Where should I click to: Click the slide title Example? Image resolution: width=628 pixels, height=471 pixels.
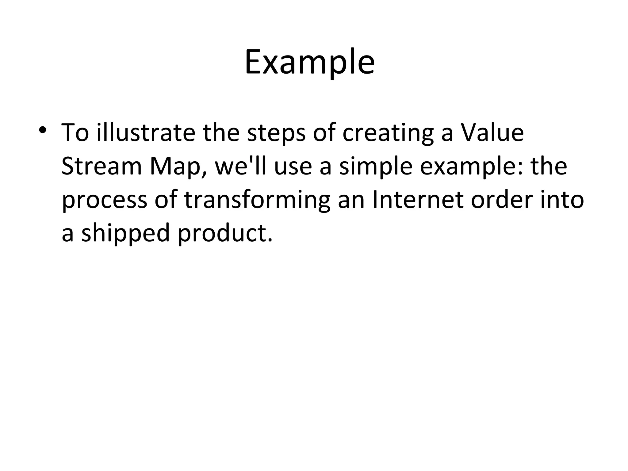(x=309, y=63)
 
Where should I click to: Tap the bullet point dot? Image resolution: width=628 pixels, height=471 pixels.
(x=42, y=130)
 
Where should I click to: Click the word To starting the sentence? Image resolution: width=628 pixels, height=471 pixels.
(x=75, y=133)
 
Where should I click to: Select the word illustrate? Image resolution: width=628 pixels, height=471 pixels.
(x=146, y=133)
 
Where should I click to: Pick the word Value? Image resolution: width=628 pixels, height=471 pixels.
(x=492, y=133)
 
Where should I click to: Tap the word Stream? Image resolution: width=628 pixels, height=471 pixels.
(x=101, y=167)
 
